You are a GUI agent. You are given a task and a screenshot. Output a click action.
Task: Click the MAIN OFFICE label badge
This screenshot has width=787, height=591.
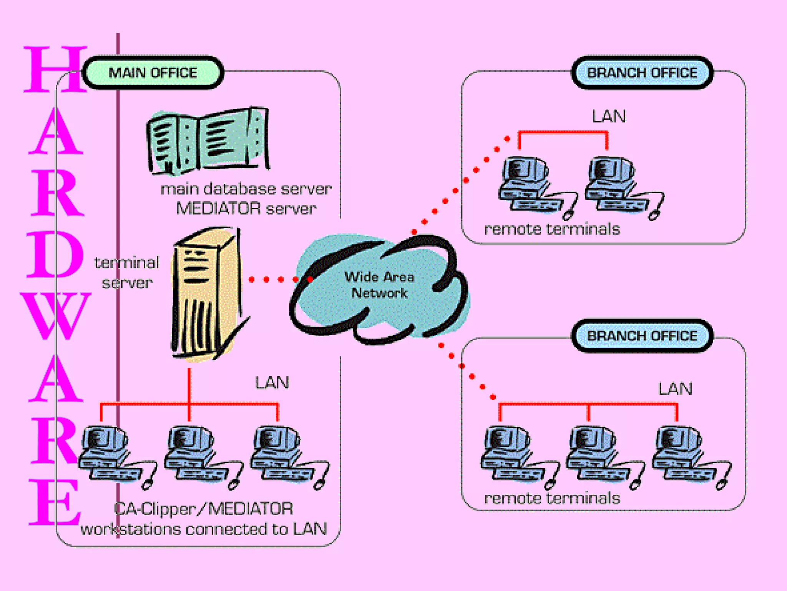[153, 73]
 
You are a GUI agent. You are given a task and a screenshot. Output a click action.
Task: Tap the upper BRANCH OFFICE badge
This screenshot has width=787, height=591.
[642, 73]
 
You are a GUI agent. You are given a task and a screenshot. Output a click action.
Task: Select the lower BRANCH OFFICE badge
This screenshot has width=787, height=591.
[642, 336]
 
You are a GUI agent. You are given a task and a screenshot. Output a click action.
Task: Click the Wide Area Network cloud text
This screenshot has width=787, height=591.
[379, 285]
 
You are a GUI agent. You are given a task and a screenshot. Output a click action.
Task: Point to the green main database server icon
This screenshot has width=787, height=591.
[208, 140]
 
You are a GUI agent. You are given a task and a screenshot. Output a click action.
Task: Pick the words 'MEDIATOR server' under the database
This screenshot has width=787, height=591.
[246, 209]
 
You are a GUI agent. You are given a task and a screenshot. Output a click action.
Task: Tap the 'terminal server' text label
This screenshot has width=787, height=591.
[127, 272]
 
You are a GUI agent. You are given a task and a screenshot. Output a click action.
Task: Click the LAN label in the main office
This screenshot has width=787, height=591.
[272, 383]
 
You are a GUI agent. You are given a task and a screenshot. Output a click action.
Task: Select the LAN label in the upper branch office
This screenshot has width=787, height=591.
[609, 117]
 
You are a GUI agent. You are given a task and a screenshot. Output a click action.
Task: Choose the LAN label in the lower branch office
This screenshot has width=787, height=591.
[675, 389]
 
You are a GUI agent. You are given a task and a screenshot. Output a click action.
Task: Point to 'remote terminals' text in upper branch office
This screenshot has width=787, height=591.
[552, 229]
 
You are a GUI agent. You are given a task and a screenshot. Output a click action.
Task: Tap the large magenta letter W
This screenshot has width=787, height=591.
[56, 316]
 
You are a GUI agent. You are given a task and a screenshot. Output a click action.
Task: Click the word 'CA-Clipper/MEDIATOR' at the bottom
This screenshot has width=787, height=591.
[204, 509]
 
